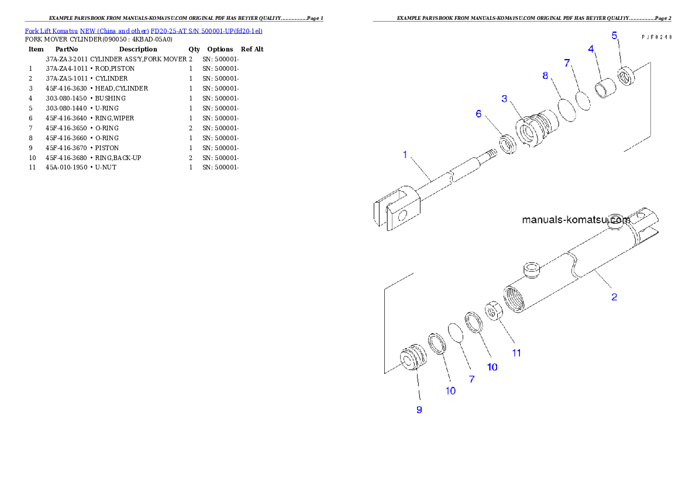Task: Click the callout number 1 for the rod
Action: click(x=404, y=155)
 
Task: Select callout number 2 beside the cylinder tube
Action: click(x=614, y=297)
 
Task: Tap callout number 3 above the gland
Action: click(x=504, y=99)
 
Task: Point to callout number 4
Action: click(x=591, y=49)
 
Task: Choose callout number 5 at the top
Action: click(x=614, y=36)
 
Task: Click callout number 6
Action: click(x=478, y=114)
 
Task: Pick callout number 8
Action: click(x=545, y=76)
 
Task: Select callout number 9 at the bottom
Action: click(x=419, y=410)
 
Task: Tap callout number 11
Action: click(x=516, y=353)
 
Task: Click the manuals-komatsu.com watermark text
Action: click(x=576, y=220)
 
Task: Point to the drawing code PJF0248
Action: click(x=656, y=37)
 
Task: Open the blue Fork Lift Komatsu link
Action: click(x=143, y=30)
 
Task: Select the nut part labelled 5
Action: click(x=626, y=76)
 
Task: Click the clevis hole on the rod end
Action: click(x=402, y=216)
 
